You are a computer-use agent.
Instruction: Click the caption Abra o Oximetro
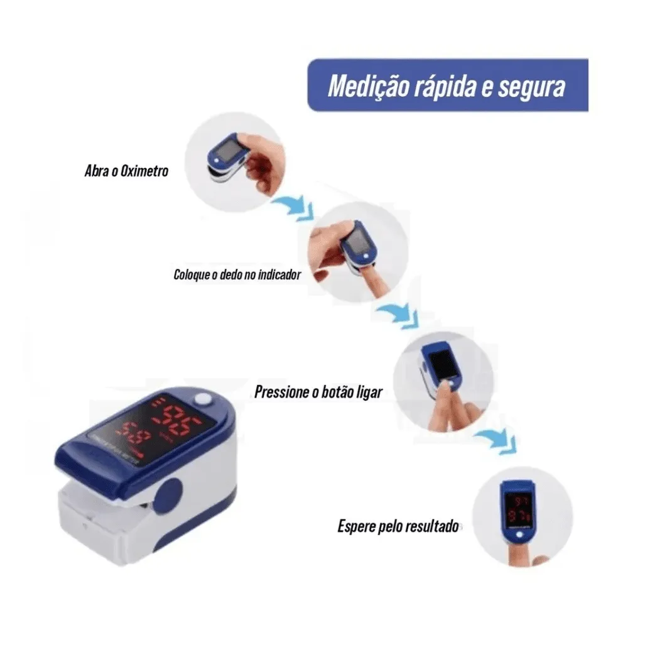pyautogui.click(x=126, y=170)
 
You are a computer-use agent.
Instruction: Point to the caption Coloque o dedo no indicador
pyautogui.click(x=237, y=274)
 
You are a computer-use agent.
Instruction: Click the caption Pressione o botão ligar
pyautogui.click(x=318, y=393)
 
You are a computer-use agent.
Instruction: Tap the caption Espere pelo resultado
pyautogui.click(x=398, y=526)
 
